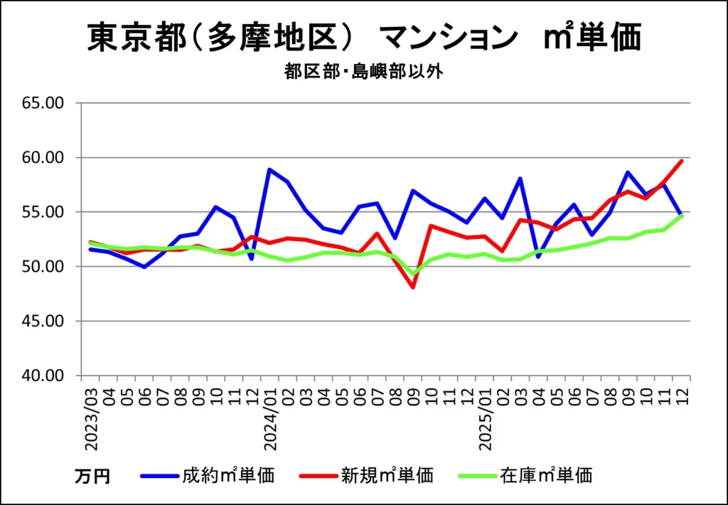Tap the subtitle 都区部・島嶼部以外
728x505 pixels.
click(363, 72)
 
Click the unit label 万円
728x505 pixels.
click(92, 477)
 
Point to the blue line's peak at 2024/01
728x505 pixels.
click(270, 169)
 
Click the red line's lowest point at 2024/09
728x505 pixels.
click(413, 287)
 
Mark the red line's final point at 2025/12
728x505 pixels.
click(682, 161)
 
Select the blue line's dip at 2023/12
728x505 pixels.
click(252, 259)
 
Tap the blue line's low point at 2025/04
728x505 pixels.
click(539, 257)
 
